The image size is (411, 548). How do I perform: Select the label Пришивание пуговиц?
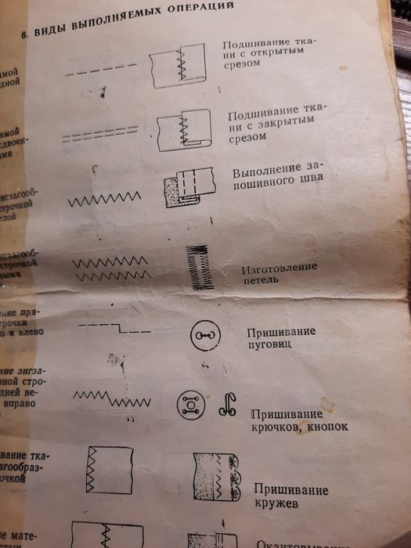280,337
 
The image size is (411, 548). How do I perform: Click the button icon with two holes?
204,337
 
